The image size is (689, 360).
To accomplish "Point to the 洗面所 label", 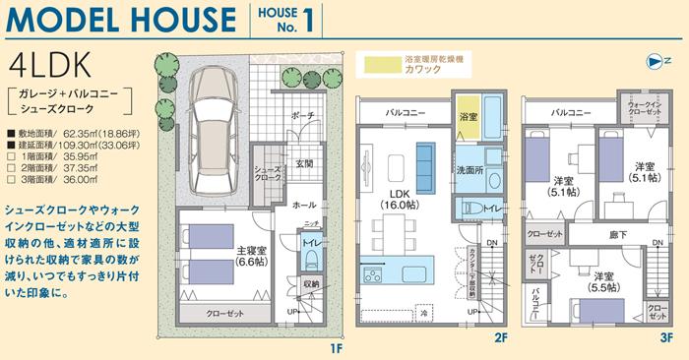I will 470,170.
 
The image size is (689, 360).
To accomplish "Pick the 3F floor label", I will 666,339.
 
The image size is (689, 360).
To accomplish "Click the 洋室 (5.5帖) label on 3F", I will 604,283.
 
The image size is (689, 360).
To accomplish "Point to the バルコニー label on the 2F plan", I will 406,113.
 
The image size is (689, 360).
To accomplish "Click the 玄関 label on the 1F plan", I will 303,163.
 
